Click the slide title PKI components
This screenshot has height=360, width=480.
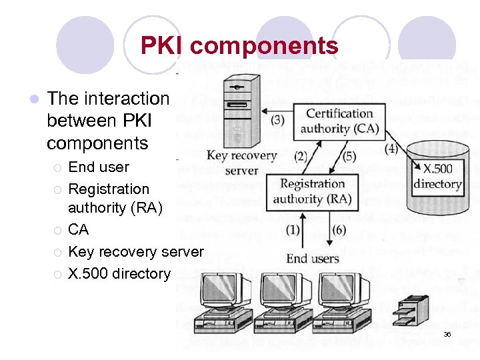tap(239, 45)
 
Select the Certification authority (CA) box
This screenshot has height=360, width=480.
tap(339, 121)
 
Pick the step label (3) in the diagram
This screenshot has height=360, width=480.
tap(279, 120)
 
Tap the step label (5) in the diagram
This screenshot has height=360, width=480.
tap(349, 156)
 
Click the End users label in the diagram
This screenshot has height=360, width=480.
tap(313, 258)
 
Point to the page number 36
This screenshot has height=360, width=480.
tap(447, 335)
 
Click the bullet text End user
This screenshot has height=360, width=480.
tap(99, 167)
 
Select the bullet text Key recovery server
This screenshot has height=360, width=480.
tap(136, 251)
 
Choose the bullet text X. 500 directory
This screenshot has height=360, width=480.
tap(119, 273)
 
